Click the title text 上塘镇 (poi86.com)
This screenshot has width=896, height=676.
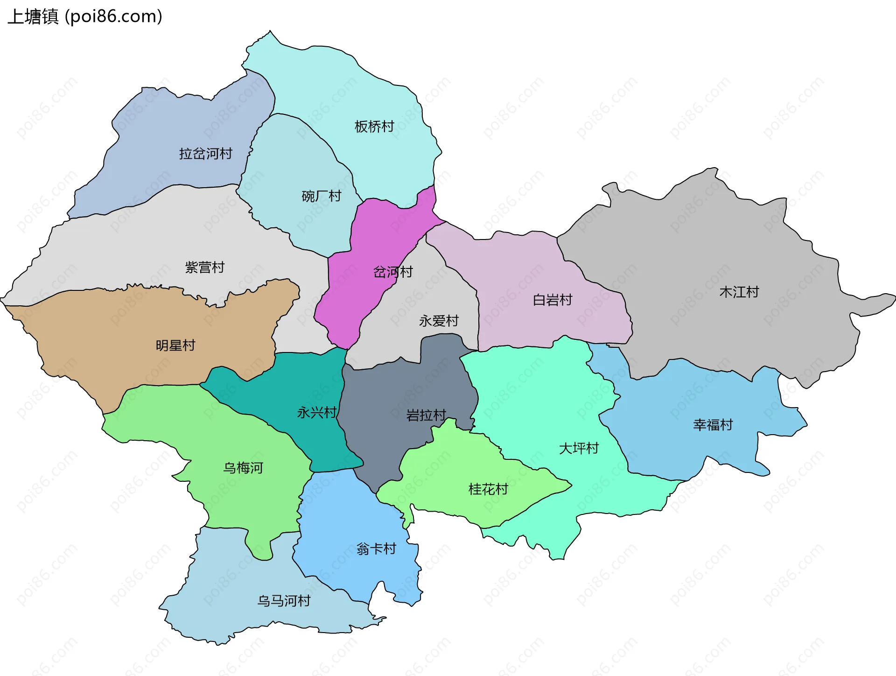[85, 16]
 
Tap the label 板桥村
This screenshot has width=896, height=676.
[374, 127]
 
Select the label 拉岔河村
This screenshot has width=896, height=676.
[206, 154]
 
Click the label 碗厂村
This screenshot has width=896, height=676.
[322, 196]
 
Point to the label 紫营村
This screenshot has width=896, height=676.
[205, 268]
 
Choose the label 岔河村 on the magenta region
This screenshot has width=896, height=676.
[393, 272]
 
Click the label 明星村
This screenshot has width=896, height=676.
[175, 345]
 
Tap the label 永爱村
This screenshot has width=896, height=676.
[439, 321]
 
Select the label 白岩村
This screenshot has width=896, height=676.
[553, 300]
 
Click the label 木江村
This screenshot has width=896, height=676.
[739, 292]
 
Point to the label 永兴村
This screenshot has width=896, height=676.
[317, 412]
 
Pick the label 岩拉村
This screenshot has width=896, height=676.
[426, 415]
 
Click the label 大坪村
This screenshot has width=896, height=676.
[579, 448]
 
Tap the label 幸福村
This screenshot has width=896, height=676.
[713, 425]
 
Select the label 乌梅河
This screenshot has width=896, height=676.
[243, 468]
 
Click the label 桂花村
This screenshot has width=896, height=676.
[488, 489]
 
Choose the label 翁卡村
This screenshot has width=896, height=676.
[376, 549]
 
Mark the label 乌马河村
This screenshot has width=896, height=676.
[284, 601]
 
